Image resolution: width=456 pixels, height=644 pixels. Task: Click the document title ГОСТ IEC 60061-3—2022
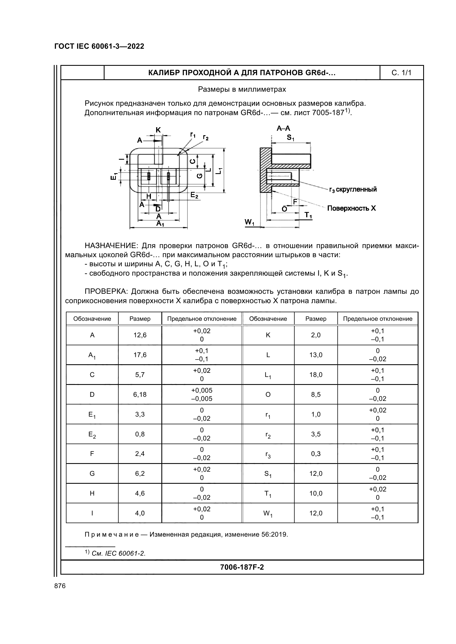[99, 46]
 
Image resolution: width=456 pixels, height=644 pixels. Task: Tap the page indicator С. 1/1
[401, 73]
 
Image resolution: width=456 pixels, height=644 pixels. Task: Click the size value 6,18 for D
[140, 394]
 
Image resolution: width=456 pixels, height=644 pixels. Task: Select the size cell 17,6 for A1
[140, 355]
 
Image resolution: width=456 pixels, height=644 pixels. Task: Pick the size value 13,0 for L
[316, 355]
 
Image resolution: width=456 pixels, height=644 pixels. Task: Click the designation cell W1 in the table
[268, 513]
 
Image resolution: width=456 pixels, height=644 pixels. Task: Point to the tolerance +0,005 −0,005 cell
[201, 394]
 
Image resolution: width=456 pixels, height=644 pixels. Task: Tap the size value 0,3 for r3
[316, 454]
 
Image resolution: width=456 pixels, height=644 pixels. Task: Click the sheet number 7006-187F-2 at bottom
[242, 567]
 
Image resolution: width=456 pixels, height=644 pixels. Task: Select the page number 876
[60, 586]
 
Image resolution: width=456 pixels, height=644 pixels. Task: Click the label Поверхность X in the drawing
[351, 208]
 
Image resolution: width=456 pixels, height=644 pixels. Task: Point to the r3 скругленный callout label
[353, 190]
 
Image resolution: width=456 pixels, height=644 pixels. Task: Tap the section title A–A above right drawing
[283, 129]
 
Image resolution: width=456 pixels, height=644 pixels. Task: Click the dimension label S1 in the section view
[290, 138]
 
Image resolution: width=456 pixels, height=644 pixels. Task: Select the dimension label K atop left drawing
[158, 130]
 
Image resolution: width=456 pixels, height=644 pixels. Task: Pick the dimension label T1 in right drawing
[308, 215]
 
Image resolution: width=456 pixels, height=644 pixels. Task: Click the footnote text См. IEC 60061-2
[118, 553]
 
